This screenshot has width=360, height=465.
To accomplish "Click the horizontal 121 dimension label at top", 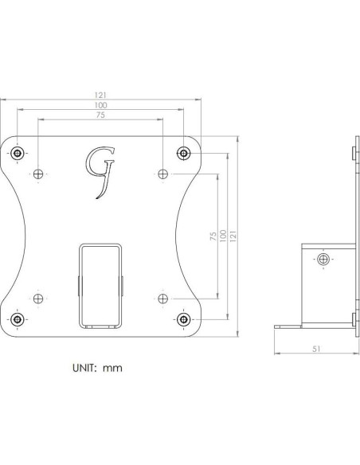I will (x=100, y=95).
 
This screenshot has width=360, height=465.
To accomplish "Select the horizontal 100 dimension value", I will (x=100, y=105).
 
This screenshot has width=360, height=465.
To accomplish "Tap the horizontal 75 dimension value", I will (x=100, y=115).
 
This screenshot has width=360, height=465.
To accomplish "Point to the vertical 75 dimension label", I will (x=212, y=239).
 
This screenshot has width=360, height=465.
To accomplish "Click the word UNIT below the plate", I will (x=83, y=369).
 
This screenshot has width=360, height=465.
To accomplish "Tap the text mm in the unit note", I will (x=113, y=369).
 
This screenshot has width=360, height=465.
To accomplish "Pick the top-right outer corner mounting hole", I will (x=183, y=152).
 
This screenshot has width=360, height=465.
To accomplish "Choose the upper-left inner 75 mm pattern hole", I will (x=39, y=173).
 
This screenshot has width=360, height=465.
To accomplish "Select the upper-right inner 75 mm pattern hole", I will (x=163, y=173).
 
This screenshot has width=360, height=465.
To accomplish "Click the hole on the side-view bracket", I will (x=323, y=259).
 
